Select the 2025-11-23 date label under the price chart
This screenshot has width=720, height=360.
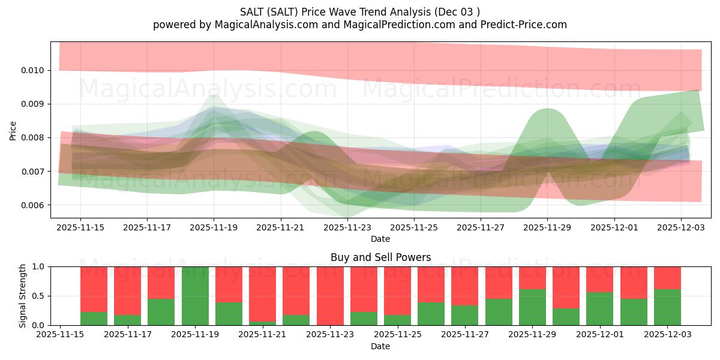[x=347, y=227]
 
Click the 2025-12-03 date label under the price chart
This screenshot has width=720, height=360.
[x=680, y=227]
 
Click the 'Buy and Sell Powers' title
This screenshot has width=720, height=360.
[x=380, y=257]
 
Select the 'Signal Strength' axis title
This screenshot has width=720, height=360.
[x=22, y=296]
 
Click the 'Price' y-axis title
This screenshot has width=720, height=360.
[x=13, y=130]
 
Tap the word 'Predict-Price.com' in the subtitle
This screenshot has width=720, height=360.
[x=524, y=25]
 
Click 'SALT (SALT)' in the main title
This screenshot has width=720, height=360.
[x=269, y=12]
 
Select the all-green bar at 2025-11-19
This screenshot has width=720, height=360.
[x=195, y=296]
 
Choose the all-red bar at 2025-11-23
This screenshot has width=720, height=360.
[x=330, y=296]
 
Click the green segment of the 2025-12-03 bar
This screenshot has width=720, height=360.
[x=667, y=307]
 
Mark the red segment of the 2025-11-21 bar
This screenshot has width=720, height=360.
[x=263, y=293]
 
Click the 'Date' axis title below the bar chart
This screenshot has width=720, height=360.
[x=380, y=346]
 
